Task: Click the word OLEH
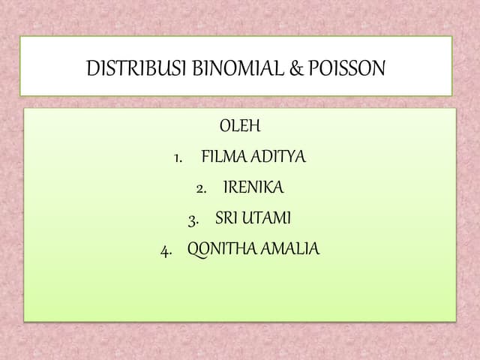[239, 126]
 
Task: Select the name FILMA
[222, 157]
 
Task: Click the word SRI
[226, 219]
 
